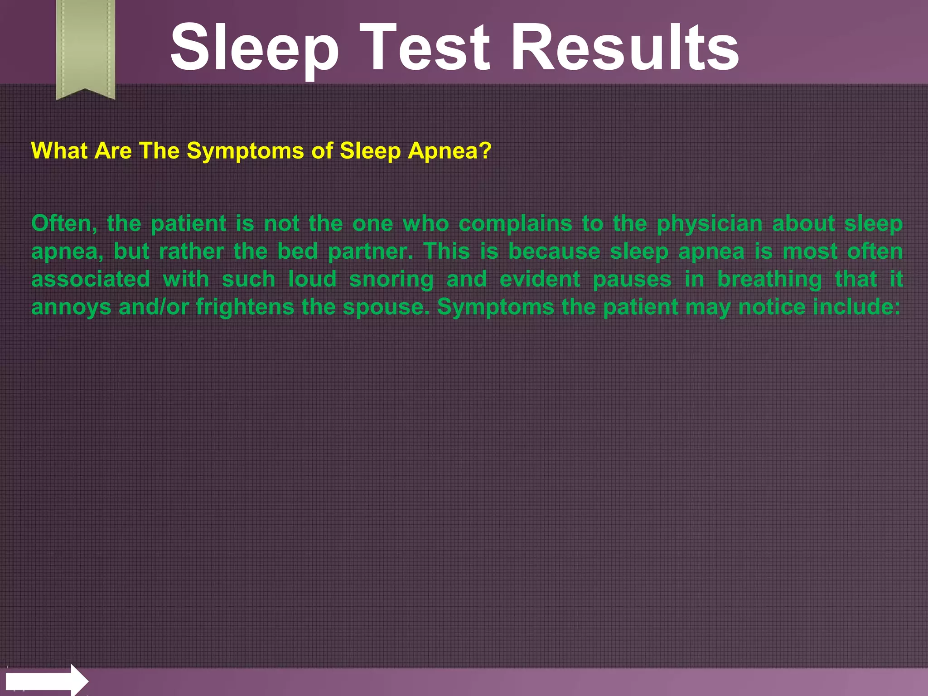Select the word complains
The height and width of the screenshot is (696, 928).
pyautogui.click(x=515, y=224)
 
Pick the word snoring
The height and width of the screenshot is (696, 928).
pyautogui.click(x=391, y=280)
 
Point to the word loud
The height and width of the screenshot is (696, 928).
pyautogui.click(x=312, y=279)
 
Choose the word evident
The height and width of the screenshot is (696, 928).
pyautogui.click(x=540, y=279)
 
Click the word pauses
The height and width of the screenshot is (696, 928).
pyautogui.click(x=632, y=280)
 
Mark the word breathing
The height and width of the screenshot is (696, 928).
pyautogui.click(x=769, y=280)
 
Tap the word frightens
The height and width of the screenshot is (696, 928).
pyautogui.click(x=245, y=307)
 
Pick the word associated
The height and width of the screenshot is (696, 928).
pyautogui.click(x=91, y=279)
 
